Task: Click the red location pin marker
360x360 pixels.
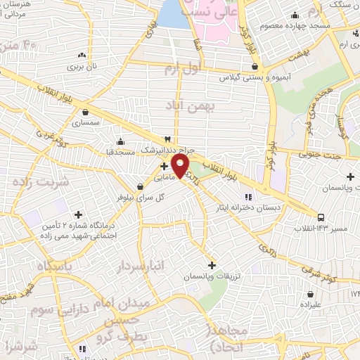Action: pyautogui.click(x=181, y=166)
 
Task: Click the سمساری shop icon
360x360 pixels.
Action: pyautogui.click(x=86, y=111)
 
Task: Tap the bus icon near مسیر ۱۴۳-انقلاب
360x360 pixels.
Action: pyautogui.click(x=321, y=217)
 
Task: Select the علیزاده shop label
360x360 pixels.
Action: pyautogui.click(x=310, y=306)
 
